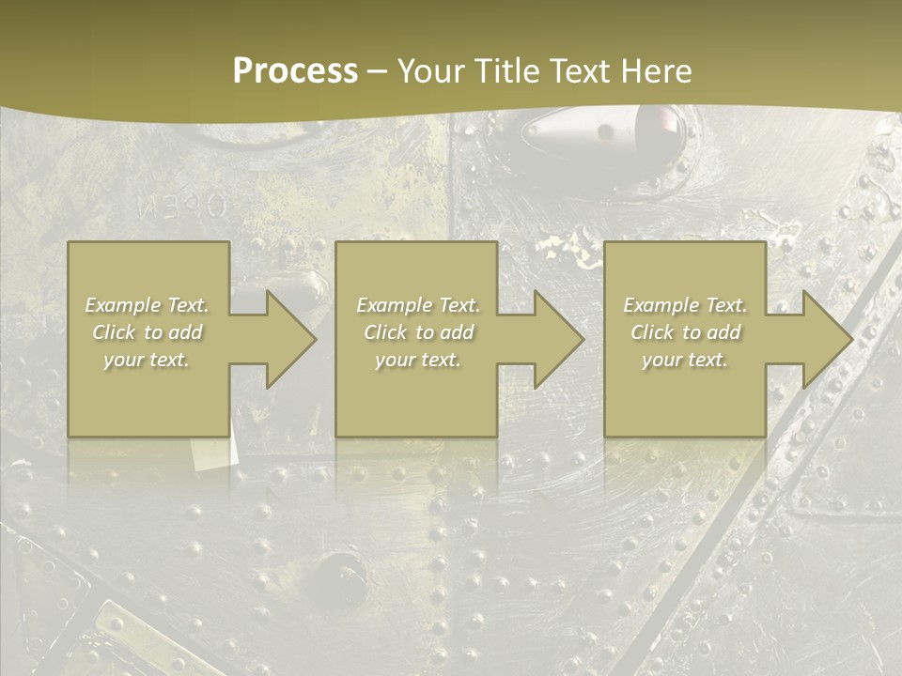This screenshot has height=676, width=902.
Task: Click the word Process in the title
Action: point(295,71)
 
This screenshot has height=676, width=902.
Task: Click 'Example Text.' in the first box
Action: point(147,305)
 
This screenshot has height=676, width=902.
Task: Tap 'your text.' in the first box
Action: point(147,360)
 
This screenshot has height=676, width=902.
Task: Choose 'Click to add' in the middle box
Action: point(418,332)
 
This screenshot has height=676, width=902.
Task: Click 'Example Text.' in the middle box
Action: point(418,305)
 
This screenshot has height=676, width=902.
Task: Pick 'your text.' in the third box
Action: point(685,360)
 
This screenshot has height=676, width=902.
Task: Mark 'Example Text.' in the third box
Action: point(685,305)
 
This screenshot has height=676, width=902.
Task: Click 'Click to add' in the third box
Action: point(685,332)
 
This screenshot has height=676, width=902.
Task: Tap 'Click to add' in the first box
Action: point(147,332)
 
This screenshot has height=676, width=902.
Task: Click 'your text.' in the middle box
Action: point(418,360)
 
